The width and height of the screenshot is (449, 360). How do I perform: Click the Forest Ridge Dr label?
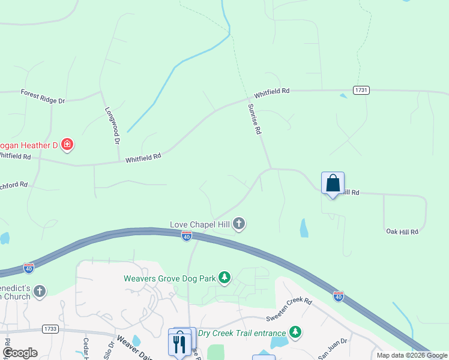(x=42, y=96)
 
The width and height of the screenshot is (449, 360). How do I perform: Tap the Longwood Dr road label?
(x=112, y=125)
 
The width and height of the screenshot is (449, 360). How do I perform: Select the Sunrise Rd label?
(x=255, y=118)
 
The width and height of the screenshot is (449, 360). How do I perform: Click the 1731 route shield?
(x=361, y=90)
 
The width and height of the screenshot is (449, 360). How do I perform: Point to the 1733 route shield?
(x=50, y=329)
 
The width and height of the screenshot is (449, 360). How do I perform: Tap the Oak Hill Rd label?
(x=402, y=231)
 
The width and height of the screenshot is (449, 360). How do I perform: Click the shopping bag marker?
(x=333, y=183)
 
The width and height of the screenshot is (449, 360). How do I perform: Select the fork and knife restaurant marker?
(x=178, y=344)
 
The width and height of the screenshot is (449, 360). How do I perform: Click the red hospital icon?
(x=67, y=144)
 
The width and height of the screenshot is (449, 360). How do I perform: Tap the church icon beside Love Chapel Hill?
(x=239, y=224)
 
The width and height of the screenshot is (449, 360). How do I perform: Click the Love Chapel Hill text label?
(x=200, y=224)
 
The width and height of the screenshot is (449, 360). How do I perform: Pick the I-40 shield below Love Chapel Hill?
(x=187, y=236)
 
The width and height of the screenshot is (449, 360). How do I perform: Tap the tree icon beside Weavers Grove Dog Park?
(x=224, y=277)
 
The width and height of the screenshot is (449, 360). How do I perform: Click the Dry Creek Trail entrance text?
(x=241, y=332)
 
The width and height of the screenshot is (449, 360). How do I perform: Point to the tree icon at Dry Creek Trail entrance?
(x=295, y=332)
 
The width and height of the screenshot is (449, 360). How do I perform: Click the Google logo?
(x=20, y=353)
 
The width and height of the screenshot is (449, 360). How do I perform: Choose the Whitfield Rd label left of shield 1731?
(x=271, y=93)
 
